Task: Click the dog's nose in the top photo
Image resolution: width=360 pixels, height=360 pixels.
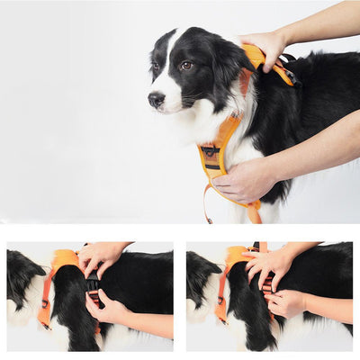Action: pyautogui.click(x=155, y=100)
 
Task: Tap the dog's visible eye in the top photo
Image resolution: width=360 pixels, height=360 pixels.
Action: pyautogui.click(x=185, y=66)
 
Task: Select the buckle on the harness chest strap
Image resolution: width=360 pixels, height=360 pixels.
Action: pyautogui.click(x=211, y=154)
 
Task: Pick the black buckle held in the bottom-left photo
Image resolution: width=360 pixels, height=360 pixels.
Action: pyautogui.click(x=93, y=288)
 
